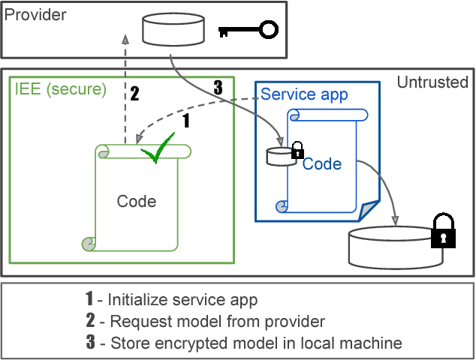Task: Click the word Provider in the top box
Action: click(x=35, y=14)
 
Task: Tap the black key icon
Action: click(x=249, y=30)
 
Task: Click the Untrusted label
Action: click(x=432, y=82)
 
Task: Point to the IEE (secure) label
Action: click(x=61, y=89)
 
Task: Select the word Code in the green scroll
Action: click(x=137, y=201)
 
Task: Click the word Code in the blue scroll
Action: click(x=322, y=163)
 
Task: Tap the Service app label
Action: click(x=304, y=94)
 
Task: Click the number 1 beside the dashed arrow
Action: click(x=187, y=119)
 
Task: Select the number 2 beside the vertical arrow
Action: click(x=134, y=94)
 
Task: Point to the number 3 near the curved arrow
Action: click(x=218, y=88)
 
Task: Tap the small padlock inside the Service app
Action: click(x=297, y=149)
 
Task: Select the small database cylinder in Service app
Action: click(x=279, y=155)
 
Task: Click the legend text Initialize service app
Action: click(x=182, y=300)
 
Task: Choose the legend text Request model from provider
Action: click(x=217, y=322)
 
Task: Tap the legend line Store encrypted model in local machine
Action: click(x=256, y=343)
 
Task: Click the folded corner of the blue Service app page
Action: click(x=369, y=212)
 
